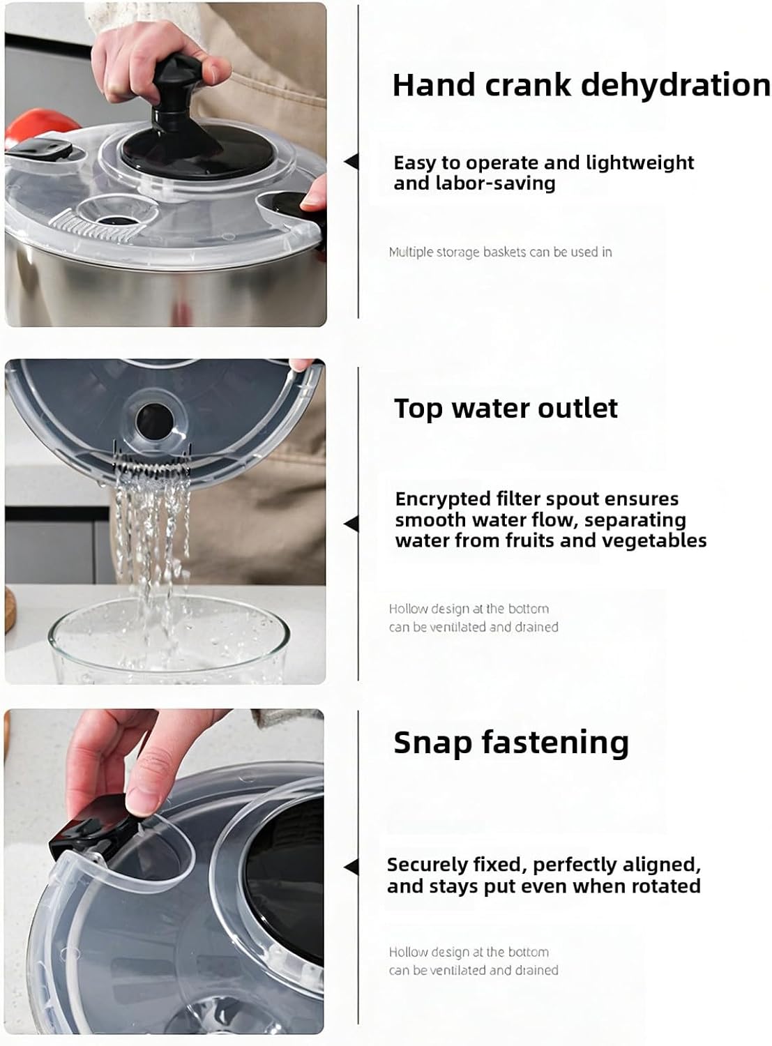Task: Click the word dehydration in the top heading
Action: click(675, 85)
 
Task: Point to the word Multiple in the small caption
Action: click(411, 252)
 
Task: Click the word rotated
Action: click(665, 886)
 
